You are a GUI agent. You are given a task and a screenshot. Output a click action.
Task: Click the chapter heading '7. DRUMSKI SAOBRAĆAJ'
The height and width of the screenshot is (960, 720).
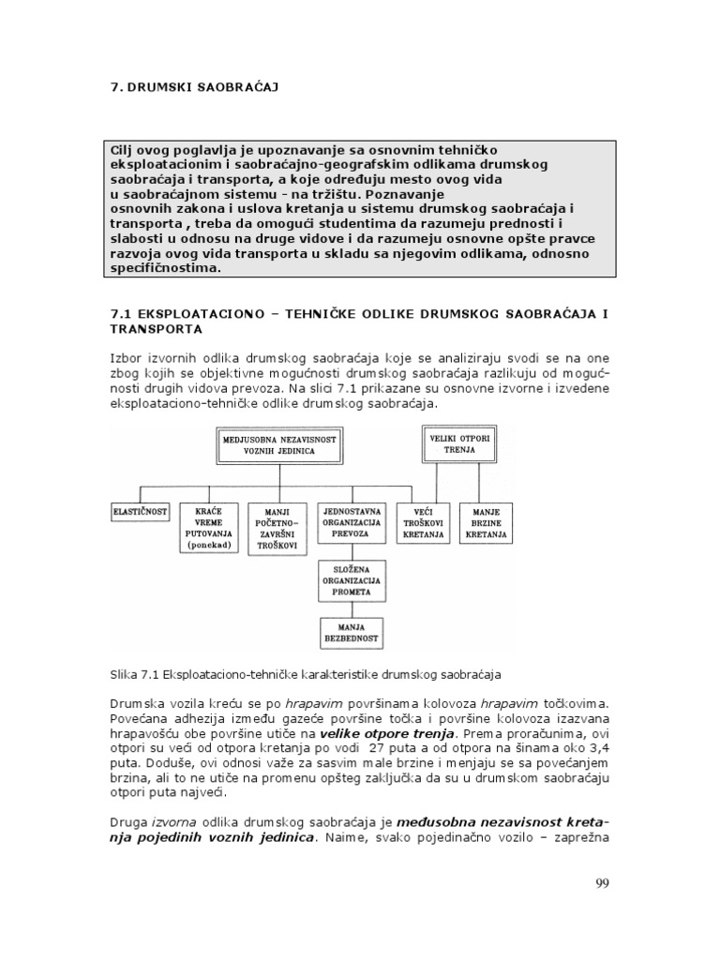pos(195,87)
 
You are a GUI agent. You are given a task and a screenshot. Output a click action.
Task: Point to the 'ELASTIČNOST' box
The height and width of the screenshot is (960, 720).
pos(140,513)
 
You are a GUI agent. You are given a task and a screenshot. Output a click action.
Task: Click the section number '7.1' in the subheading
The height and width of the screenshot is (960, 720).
pos(123,313)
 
